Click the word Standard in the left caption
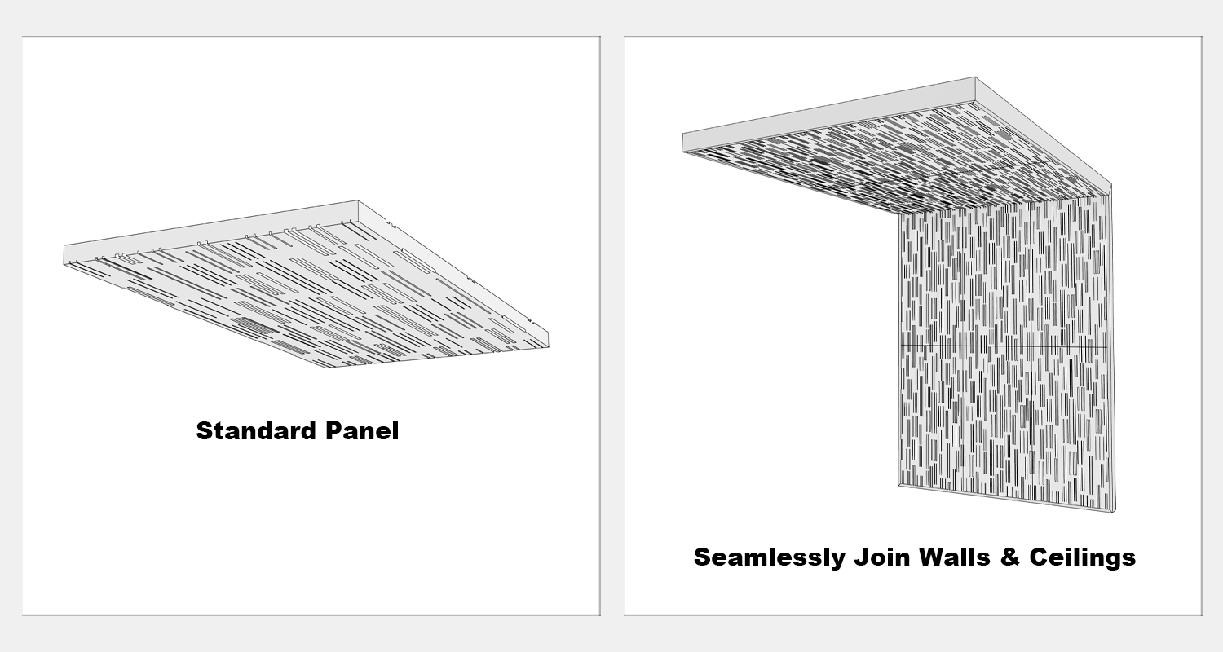click(255, 431)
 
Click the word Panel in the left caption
click(362, 431)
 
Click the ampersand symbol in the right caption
click(1009, 557)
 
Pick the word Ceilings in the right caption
click(1082, 558)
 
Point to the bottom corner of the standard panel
click(328, 368)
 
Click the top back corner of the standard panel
click(358, 200)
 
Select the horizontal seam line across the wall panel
click(1004, 346)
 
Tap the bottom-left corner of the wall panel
click(899, 484)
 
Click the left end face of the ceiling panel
click(683, 143)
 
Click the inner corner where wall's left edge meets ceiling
click(900, 214)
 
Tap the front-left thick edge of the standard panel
click(196, 316)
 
